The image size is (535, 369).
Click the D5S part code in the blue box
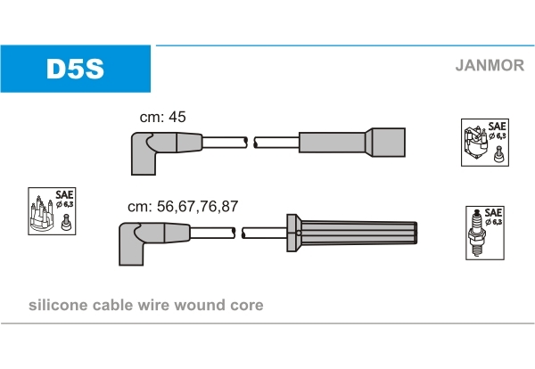[76, 69]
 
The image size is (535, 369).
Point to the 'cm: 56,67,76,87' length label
[183, 206]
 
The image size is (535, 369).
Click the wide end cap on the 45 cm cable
[385, 143]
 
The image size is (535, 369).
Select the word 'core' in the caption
[247, 305]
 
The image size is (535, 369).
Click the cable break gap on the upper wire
[251, 142]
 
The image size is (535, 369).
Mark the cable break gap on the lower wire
[241, 234]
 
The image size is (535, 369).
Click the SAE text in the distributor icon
[64, 194]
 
